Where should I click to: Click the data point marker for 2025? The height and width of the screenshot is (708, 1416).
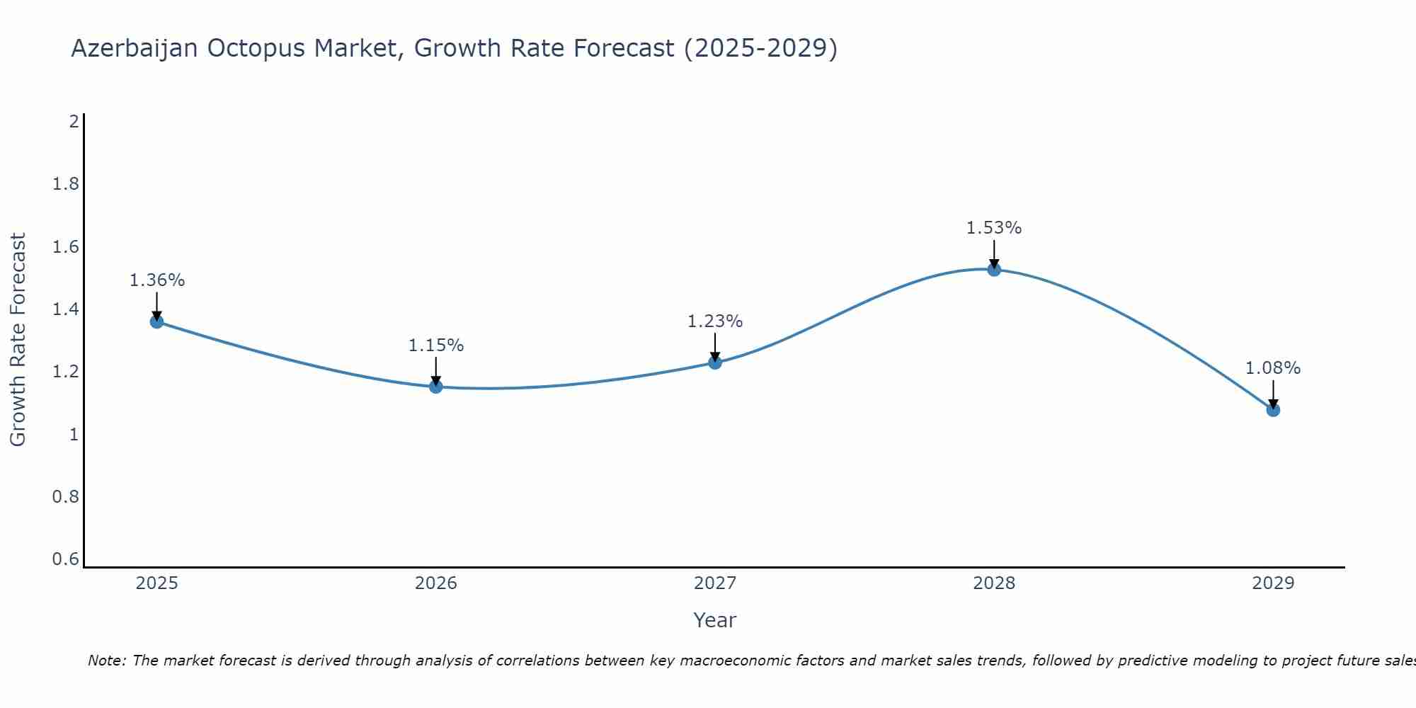157,321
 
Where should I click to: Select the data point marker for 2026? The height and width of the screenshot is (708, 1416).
436,387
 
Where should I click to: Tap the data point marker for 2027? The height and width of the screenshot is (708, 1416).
715,362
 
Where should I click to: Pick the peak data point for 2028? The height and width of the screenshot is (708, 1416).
994,269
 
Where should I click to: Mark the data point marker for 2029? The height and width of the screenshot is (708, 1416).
1273,409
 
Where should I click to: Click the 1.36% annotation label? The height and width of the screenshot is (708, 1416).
157,280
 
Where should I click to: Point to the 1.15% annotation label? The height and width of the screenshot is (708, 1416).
436,346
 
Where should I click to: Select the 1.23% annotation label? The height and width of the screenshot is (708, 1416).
715,321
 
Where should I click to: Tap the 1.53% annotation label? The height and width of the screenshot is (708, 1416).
994,228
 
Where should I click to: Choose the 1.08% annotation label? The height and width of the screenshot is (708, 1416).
1273,368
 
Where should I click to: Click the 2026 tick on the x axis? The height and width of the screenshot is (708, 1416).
436,583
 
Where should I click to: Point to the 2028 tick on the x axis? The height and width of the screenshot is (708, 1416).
994,583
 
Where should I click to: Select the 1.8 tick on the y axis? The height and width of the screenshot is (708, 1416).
65,184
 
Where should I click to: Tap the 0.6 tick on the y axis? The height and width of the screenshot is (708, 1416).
65,559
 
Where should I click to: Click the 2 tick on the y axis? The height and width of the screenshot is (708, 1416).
74,122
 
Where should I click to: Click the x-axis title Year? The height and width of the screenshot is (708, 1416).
715,620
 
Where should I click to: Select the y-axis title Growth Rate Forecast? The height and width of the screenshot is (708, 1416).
18,340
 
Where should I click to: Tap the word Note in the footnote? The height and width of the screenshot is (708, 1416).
106,661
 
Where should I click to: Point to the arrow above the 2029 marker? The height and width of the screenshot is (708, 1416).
1273,394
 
